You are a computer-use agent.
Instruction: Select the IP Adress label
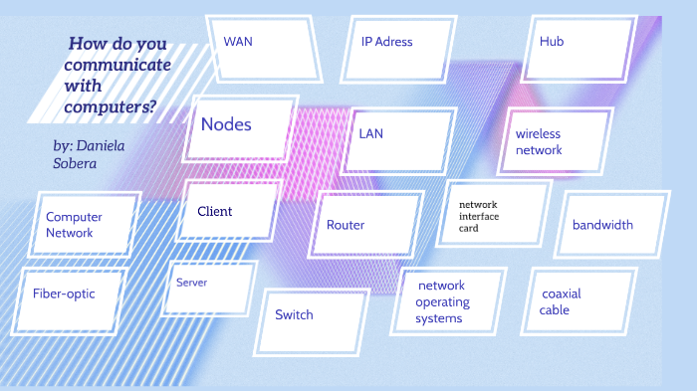386,42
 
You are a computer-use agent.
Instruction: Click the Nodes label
226,124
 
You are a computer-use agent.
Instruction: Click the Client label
214,211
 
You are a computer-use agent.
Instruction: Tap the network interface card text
478,216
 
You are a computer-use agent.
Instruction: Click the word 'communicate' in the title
117,65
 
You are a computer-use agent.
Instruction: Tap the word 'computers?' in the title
110,105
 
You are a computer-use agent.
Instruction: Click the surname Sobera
76,163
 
